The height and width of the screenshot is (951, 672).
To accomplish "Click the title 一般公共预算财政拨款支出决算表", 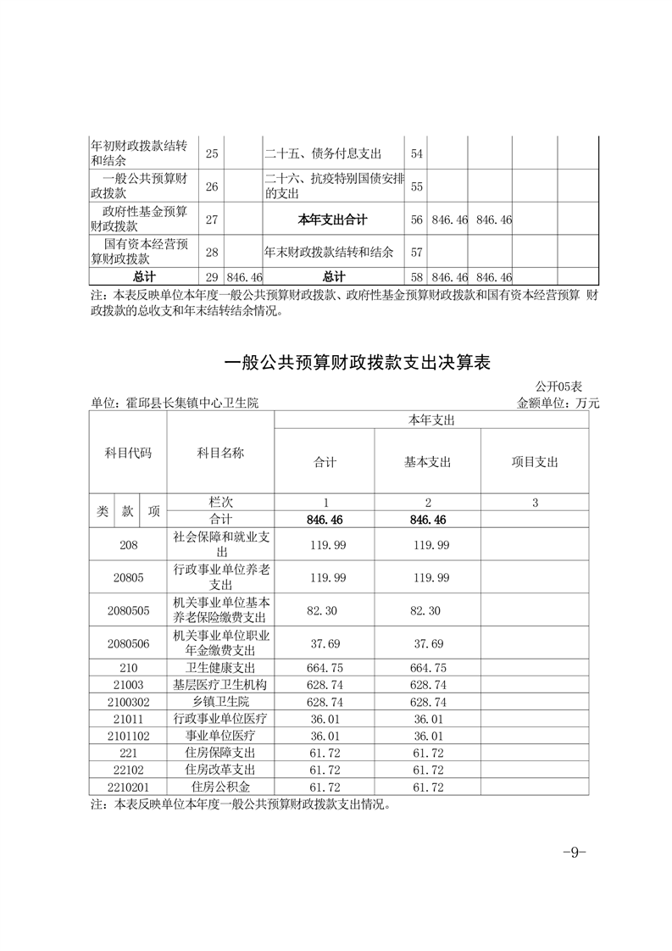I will tap(357, 363).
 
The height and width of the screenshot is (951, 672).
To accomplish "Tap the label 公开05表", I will tap(558, 387).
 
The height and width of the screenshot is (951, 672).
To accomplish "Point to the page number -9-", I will tap(575, 852).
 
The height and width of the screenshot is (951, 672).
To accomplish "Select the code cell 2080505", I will tap(129, 610).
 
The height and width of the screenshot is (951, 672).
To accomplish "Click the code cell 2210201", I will tap(129, 787).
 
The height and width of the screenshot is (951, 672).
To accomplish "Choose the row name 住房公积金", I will tap(220, 787).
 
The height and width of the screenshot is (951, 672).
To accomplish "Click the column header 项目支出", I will tap(535, 462).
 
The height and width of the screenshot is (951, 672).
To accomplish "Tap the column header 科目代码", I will tap(129, 453).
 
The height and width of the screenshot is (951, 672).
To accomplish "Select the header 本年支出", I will tap(431, 420).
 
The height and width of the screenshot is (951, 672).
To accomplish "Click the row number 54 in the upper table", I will tap(416, 153).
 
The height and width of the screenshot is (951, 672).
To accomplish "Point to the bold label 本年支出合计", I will tap(333, 220).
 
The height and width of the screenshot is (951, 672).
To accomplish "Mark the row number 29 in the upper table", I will tap(212, 277).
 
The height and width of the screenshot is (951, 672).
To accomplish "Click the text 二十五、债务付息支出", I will tap(323, 153).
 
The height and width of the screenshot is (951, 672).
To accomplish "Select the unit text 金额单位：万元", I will tap(558, 403).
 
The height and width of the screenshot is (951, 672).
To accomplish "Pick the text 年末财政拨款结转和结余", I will tap(329, 253).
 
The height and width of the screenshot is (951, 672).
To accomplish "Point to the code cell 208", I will tap(129, 543).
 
